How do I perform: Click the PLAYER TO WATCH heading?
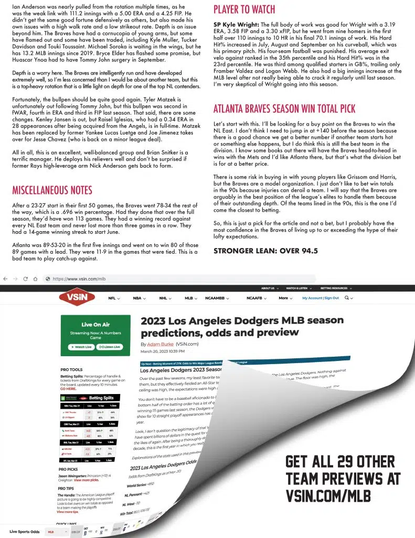point(244,9)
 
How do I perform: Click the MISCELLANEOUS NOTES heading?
point(52,190)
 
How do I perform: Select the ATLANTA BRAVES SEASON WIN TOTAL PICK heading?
point(284,109)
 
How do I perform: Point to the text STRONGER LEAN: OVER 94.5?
point(265,251)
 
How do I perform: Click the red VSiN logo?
point(84,298)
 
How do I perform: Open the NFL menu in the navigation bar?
point(114,298)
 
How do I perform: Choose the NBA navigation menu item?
point(139,298)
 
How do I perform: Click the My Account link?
point(312,298)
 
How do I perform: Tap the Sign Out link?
point(332,298)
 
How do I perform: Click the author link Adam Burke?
point(156,344)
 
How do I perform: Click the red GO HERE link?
point(68,389)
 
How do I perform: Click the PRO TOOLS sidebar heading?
point(71,370)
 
